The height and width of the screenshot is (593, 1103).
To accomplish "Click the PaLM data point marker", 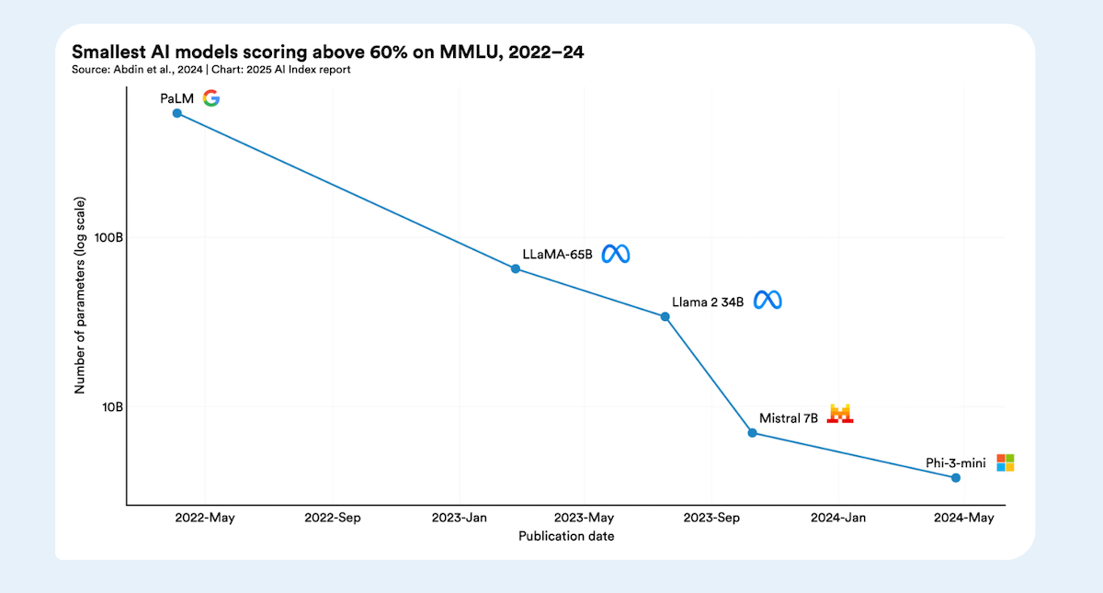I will [x=177, y=113].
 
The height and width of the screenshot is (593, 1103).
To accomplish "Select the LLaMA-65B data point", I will [x=516, y=268].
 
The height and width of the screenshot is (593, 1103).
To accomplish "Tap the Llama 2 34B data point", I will [x=665, y=316].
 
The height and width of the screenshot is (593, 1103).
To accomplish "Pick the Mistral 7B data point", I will [x=752, y=433].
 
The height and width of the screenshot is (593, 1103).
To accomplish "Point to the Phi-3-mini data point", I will [x=956, y=477].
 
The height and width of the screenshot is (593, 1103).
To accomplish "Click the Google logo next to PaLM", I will [x=211, y=98].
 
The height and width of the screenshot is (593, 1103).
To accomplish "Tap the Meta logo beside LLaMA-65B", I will [x=616, y=254].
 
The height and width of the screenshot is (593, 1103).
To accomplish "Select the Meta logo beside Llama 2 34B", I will [x=768, y=301].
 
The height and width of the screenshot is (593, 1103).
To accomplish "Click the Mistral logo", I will [x=840, y=414].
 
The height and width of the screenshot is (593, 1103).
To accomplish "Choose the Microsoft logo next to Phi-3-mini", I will [x=1006, y=462].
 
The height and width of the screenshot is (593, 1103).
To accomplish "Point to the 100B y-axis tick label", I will [x=108, y=237].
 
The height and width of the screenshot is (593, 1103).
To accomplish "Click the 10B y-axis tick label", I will [x=111, y=406].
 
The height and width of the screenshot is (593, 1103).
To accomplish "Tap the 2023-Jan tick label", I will [x=459, y=518].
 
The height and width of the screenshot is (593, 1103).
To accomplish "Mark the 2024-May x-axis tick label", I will [x=964, y=518].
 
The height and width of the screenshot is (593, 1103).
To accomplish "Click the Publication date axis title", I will [x=566, y=536].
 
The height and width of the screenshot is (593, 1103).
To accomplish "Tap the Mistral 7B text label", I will [x=789, y=418].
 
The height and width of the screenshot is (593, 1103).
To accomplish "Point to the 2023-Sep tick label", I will [x=711, y=518].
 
